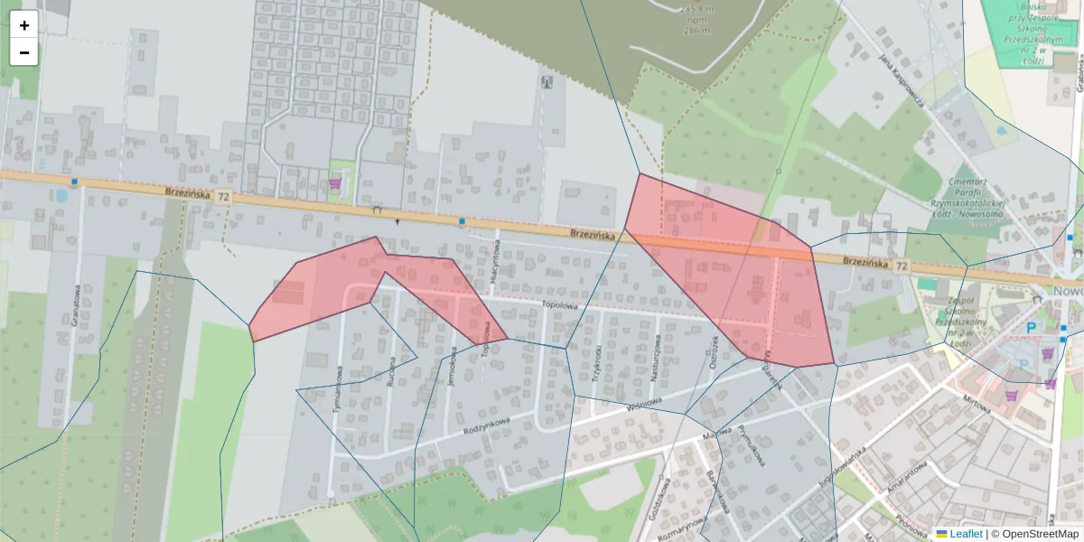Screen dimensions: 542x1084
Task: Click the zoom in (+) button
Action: click(24, 25)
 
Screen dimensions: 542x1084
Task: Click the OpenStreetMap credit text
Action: click(1039, 534)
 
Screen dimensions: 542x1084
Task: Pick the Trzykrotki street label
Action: click(596, 364)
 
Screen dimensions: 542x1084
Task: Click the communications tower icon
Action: click(545, 82)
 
